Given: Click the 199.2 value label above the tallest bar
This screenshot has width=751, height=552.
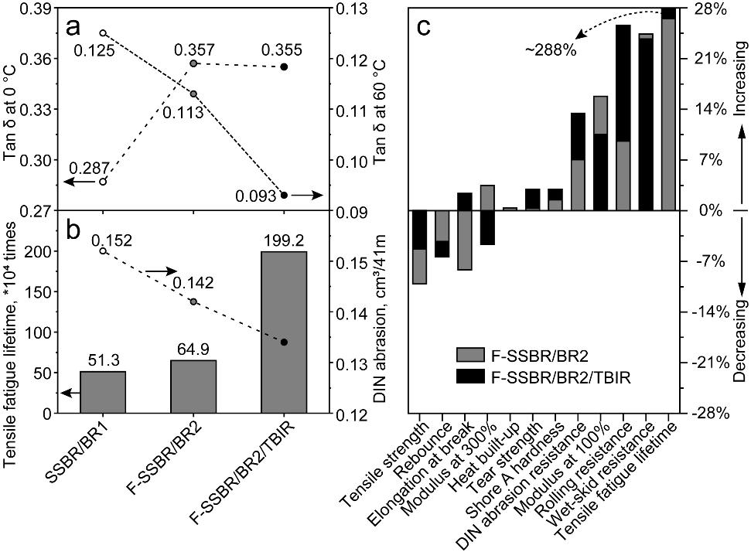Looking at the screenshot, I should pos(285,240).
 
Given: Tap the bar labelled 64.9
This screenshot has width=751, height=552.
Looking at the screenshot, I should pos(193,387).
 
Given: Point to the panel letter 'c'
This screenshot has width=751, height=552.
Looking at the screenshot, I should pos(425,27).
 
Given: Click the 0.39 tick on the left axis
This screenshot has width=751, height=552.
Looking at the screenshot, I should pos(29,9).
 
